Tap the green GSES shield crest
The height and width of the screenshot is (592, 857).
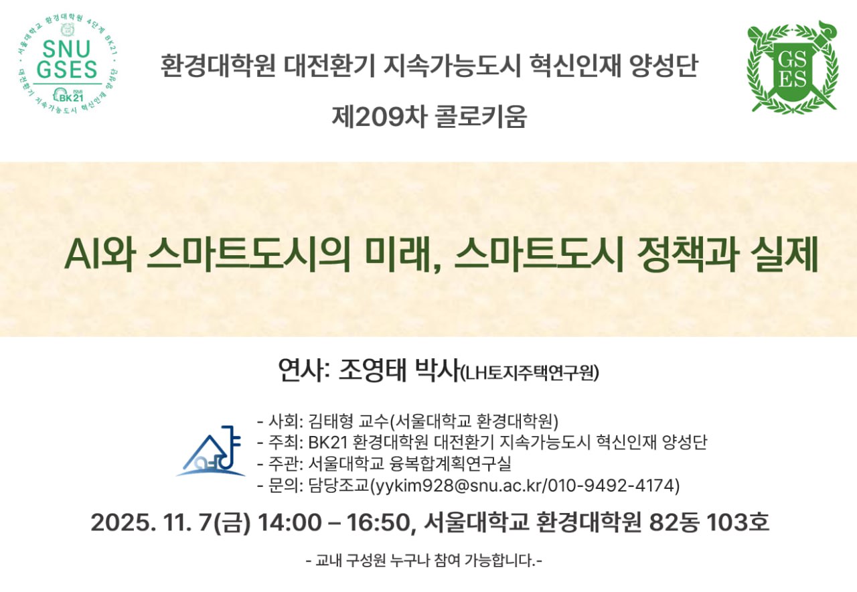[x=793, y=66]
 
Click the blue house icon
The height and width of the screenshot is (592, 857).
[x=211, y=451]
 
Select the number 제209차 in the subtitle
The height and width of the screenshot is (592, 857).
[x=379, y=117]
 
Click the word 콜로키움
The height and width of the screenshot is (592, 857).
[x=481, y=117]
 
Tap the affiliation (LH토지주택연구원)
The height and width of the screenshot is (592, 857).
[x=530, y=373]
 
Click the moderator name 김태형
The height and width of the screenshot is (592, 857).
[x=331, y=421]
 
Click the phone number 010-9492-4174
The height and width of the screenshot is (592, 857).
[x=611, y=486]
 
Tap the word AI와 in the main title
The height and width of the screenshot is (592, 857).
[x=100, y=254]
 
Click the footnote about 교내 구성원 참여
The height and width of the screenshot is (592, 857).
[x=424, y=561]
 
